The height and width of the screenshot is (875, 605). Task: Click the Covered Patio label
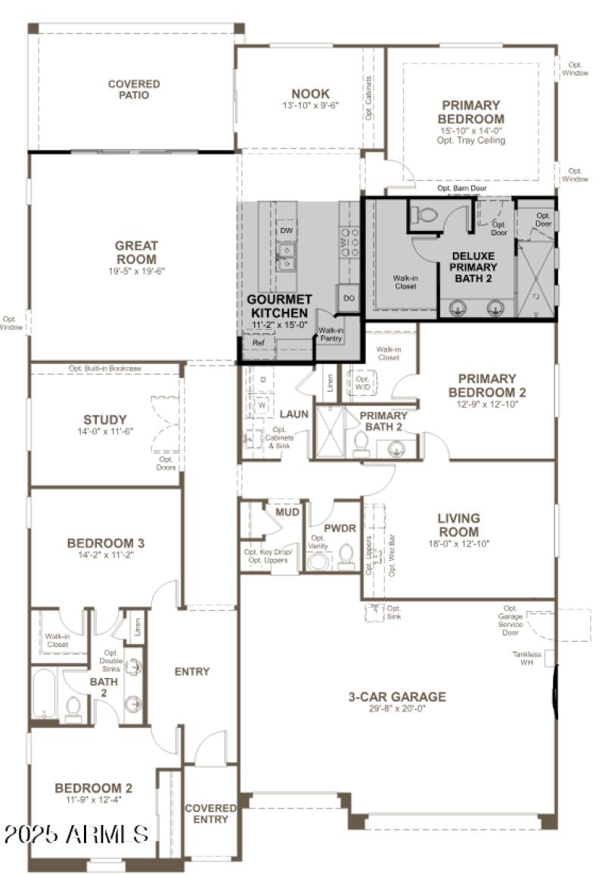[x=134, y=89]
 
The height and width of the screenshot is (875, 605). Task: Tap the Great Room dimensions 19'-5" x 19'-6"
[x=136, y=270]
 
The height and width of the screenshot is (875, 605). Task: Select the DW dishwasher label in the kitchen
[x=286, y=230]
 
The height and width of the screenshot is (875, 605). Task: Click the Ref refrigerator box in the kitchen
[x=258, y=343]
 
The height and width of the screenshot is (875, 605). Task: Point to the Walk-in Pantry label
[x=330, y=335]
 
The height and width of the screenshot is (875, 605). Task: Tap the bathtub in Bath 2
[x=45, y=694]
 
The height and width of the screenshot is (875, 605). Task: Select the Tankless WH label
[x=526, y=658]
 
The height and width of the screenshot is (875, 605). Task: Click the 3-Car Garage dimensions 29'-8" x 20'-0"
[x=397, y=709]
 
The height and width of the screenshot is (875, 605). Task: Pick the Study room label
[x=105, y=420]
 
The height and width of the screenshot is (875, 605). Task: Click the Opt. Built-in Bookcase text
[x=105, y=369]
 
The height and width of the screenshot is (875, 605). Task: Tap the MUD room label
[x=287, y=512]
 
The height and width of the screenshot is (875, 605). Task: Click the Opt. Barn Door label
[x=461, y=188]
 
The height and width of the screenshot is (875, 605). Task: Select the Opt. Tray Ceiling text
[x=471, y=141]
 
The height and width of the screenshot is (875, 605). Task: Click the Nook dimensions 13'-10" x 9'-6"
[x=310, y=105]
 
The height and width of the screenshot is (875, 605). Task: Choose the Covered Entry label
[x=210, y=814]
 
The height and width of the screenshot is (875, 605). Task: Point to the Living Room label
[x=458, y=525]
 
